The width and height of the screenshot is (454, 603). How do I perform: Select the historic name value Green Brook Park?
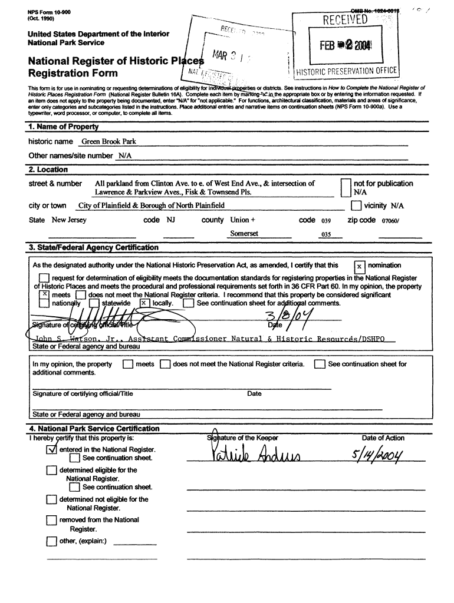pos(108,142)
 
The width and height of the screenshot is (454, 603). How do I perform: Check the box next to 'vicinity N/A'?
pos(356,206)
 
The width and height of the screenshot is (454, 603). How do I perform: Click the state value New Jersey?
pos(69,220)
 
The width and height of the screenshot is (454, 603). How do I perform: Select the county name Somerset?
pos(244,234)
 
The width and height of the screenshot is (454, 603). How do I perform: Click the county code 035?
pos(324,234)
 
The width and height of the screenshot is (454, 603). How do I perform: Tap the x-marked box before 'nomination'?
pos(359,266)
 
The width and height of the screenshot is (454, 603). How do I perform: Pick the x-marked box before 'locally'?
pos(144,303)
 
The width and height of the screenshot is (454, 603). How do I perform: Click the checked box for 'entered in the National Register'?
pos(51,449)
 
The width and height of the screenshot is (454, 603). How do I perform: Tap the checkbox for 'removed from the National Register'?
pos(51,521)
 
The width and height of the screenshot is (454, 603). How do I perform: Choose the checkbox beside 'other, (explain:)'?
pos(51,541)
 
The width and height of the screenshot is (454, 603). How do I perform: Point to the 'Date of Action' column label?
pos(383,438)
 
